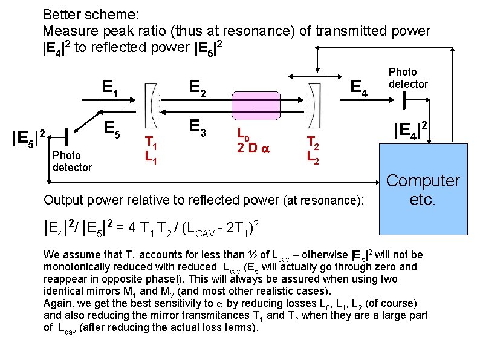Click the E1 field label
tap(109, 89)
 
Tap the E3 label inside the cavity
tap(197, 127)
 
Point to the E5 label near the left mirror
tap(109, 128)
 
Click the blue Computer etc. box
tap(423, 189)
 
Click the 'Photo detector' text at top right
tap(407, 78)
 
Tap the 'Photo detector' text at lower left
tap(72, 162)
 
